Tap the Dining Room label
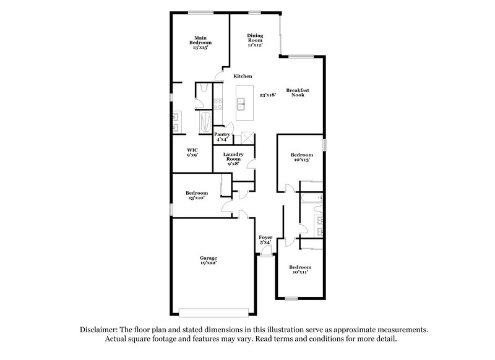tap(255, 40)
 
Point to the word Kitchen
tap(243, 76)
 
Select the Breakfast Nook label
tap(297, 93)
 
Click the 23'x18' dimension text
tap(267, 95)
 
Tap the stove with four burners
tap(218, 105)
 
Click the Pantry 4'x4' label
tap(222, 137)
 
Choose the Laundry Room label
tap(233, 159)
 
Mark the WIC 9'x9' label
tap(192, 152)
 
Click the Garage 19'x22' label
tap(208, 260)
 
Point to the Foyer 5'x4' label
tap(265, 239)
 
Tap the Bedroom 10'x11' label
tap(300, 269)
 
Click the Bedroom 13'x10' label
tap(197, 195)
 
